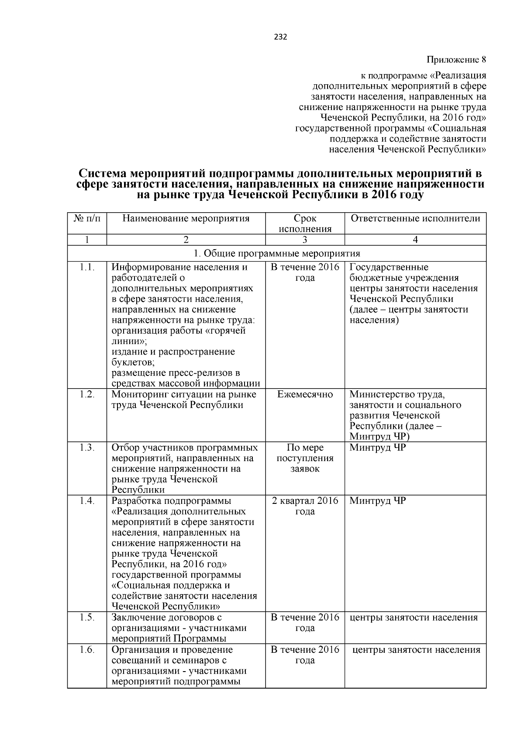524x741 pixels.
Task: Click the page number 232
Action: click(280, 37)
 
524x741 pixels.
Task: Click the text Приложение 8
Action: click(456, 59)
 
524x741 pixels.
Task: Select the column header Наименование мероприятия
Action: click(186, 218)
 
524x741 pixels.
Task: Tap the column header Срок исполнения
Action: click(305, 224)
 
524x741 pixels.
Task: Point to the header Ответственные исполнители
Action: click(415, 218)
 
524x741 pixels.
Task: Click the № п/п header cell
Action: click(87, 218)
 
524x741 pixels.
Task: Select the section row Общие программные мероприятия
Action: click(277, 254)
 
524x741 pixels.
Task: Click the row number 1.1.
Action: click(87, 267)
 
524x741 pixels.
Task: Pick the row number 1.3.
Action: click(87, 448)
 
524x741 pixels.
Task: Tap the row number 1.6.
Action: click(87, 650)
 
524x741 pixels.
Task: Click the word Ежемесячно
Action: click(305, 395)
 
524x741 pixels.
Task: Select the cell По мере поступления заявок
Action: click(305, 458)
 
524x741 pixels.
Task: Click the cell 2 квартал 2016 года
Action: click(305, 506)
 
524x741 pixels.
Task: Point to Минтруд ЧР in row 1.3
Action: click(378, 448)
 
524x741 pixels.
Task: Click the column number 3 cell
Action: click(305, 240)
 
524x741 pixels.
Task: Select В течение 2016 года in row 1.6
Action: click(305, 655)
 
